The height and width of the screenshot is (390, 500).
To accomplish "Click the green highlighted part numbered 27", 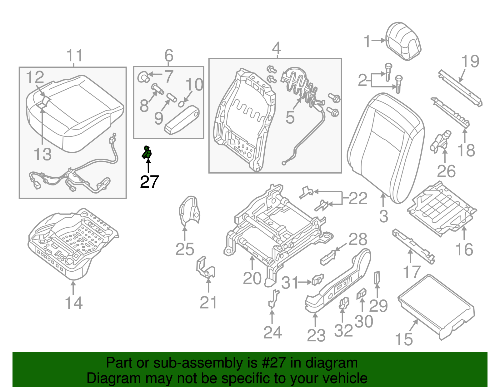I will pyautogui.click(x=147, y=153).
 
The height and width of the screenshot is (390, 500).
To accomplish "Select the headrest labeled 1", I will pyautogui.click(x=403, y=41).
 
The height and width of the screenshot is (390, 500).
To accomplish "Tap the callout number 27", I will pyautogui.click(x=149, y=182).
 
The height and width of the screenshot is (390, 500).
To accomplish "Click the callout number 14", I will pyautogui.click(x=74, y=303).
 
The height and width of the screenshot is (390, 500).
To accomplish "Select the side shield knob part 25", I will pyautogui.click(x=189, y=211).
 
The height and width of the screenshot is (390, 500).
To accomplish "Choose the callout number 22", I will pyautogui.click(x=358, y=198).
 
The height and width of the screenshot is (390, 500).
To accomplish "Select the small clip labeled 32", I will pyautogui.click(x=343, y=303).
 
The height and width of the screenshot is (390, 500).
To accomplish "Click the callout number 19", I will pyautogui.click(x=470, y=62).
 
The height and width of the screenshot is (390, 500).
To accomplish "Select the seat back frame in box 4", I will pyautogui.click(x=244, y=120).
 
